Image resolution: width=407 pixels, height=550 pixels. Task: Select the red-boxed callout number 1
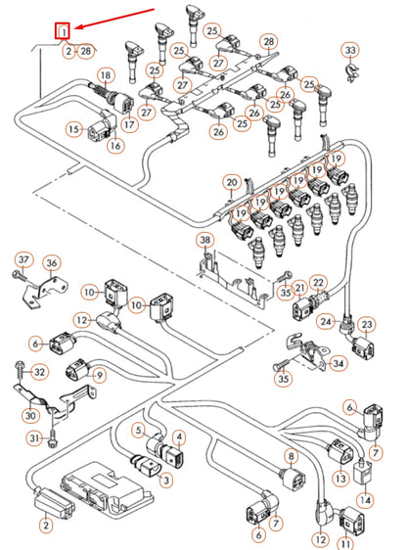click(x=64, y=32)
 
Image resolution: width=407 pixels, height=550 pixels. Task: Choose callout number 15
click(x=73, y=128)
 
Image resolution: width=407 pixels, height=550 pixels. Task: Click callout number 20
click(x=231, y=182)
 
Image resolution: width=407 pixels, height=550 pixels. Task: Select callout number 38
click(x=204, y=241)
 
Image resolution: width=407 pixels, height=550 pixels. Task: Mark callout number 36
click(x=53, y=262)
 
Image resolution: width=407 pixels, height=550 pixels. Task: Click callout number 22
click(x=317, y=283)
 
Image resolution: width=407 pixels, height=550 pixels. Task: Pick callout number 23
click(x=367, y=325)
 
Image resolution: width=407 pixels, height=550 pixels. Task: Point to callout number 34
click(x=339, y=364)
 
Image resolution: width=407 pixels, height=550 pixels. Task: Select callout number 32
click(x=39, y=373)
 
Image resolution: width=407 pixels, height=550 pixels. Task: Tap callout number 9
click(x=100, y=374)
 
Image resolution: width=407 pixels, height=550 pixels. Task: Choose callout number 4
click(x=179, y=436)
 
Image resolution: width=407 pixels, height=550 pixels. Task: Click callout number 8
click(x=291, y=456)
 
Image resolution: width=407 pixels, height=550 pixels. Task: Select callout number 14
click(x=365, y=500)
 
